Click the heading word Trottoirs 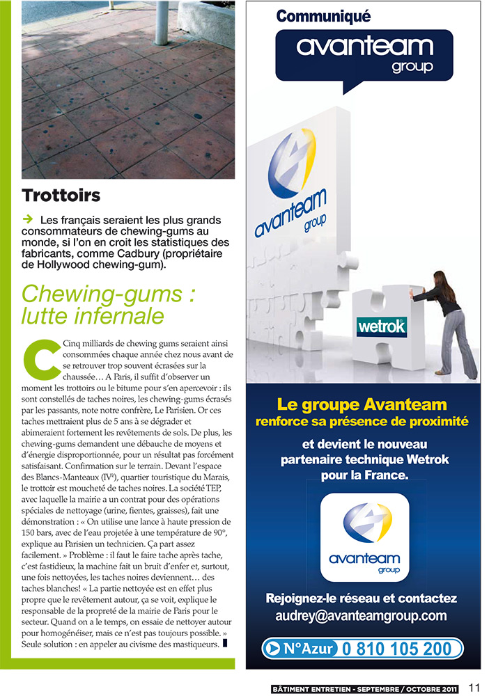coord(61,195)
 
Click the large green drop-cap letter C coord(37,356)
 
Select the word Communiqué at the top coord(323,16)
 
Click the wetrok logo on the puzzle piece coord(381,326)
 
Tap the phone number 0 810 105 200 coord(398,649)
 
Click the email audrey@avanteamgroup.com coord(362,616)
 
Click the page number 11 coord(474,688)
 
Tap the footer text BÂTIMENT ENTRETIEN coord(314,689)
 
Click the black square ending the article coord(225,644)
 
